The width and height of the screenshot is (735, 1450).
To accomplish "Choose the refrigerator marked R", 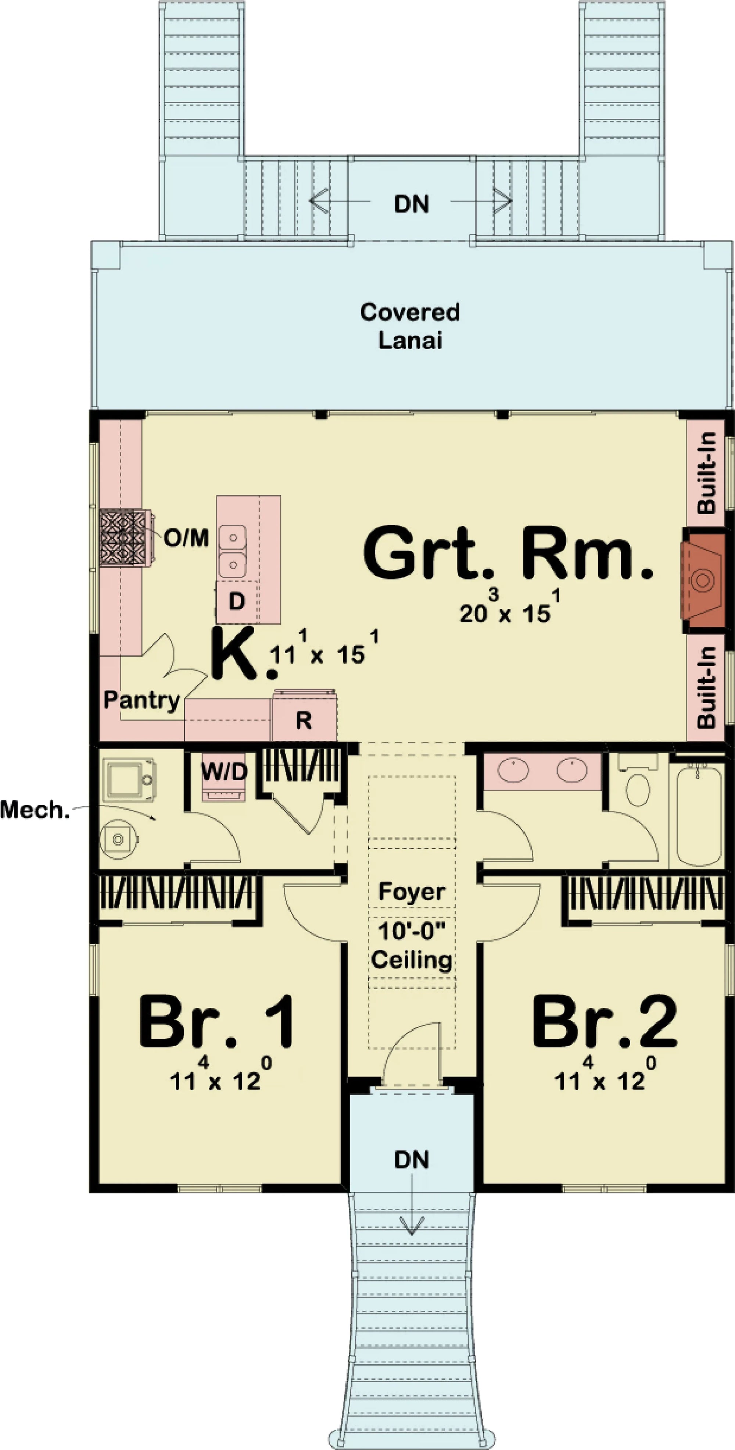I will [x=304, y=720].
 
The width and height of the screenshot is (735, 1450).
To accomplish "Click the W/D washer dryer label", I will [x=224, y=771].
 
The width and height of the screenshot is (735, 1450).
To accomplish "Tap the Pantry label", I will [x=141, y=700].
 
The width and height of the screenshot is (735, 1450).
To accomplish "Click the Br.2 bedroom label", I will [x=605, y=1022].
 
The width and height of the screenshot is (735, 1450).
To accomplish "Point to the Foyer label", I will [x=411, y=891].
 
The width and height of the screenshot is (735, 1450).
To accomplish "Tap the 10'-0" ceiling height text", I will [x=411, y=931].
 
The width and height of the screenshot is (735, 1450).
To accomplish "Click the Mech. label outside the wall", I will [x=35, y=810].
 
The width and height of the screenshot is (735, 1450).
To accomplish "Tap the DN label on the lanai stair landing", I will [x=411, y=204].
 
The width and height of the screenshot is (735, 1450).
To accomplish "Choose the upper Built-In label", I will [x=707, y=473].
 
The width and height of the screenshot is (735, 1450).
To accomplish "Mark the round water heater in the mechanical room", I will [x=118, y=839].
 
